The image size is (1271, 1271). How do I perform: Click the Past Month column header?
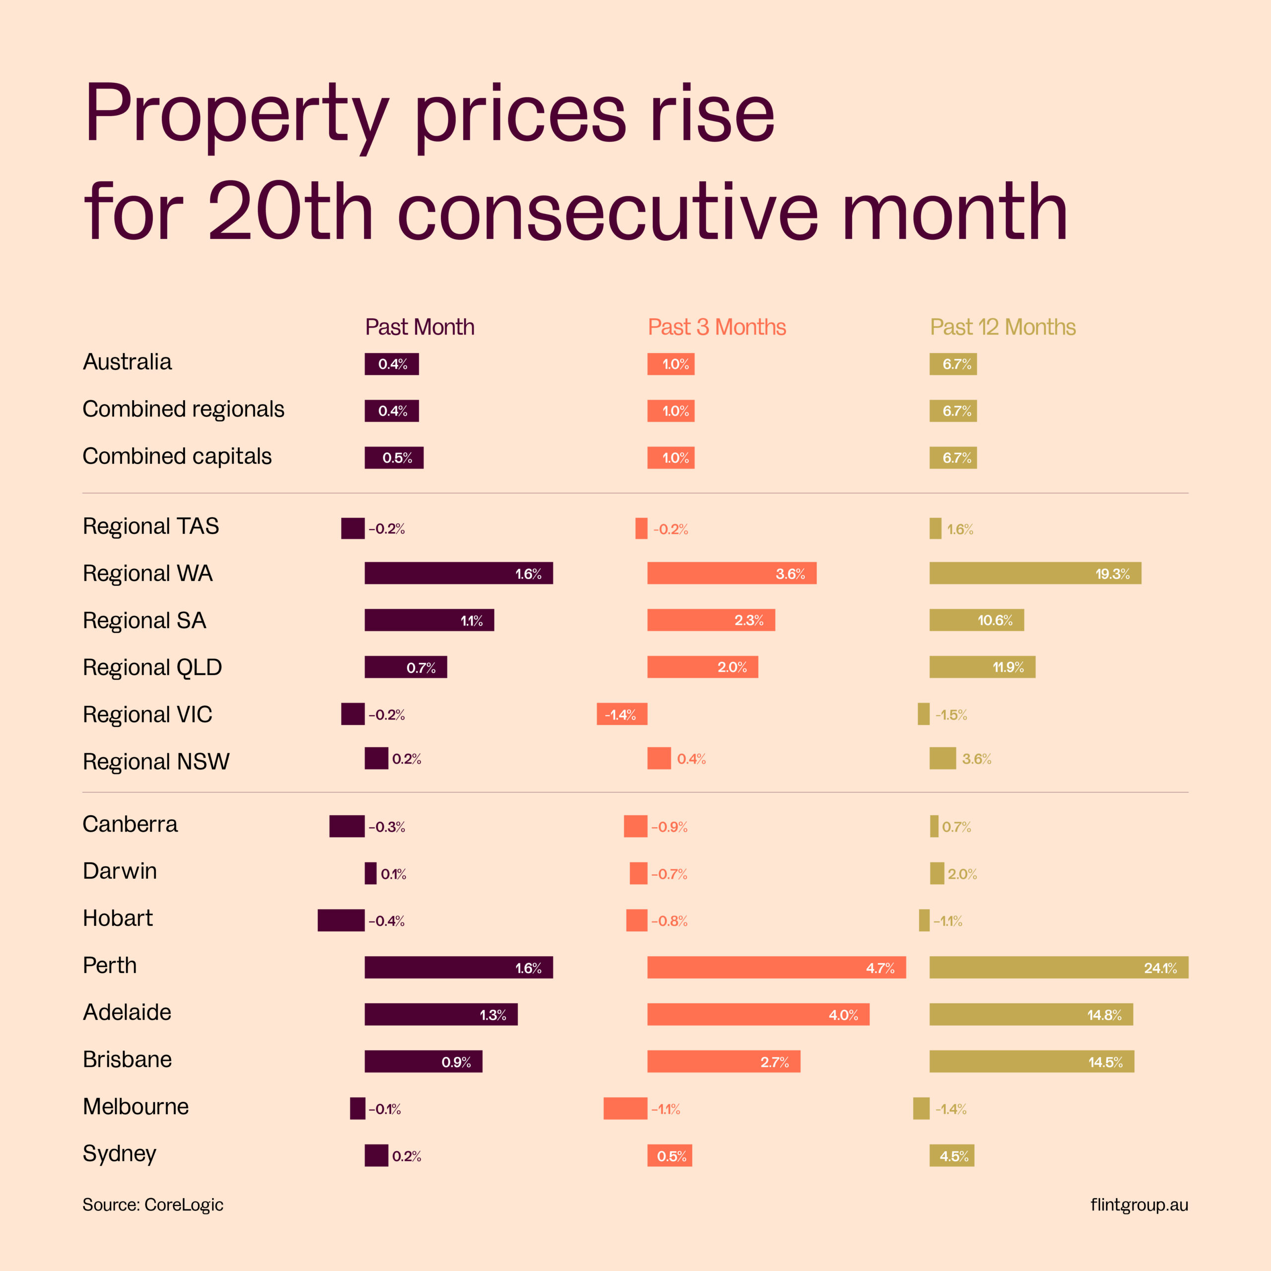[x=420, y=327]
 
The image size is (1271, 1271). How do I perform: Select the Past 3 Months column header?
[x=716, y=327]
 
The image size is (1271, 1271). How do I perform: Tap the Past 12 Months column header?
[x=1002, y=327]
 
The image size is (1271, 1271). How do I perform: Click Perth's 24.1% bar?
[x=1059, y=967]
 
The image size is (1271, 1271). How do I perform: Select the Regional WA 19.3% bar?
[x=1035, y=573]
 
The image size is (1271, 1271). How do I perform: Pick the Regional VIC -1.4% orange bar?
[x=622, y=714]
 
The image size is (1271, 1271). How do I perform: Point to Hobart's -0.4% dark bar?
[x=341, y=920]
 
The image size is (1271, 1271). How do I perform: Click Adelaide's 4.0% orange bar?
[x=758, y=1014]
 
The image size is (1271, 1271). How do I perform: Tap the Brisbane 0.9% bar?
[x=423, y=1061]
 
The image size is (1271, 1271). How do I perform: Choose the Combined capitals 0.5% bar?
[x=394, y=457]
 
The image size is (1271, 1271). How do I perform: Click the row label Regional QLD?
[x=152, y=667]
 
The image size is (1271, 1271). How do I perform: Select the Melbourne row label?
[x=136, y=1107]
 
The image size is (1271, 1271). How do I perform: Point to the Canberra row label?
[x=130, y=824]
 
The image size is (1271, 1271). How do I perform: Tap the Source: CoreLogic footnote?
[x=152, y=1204]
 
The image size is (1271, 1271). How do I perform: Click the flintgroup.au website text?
[x=1139, y=1204]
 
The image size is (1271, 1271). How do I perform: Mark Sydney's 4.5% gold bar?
[x=951, y=1155]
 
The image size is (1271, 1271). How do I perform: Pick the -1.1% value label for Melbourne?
[x=666, y=1109]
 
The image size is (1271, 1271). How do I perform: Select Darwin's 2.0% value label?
[x=962, y=874]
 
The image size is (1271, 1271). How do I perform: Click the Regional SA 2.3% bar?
[x=710, y=620]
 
